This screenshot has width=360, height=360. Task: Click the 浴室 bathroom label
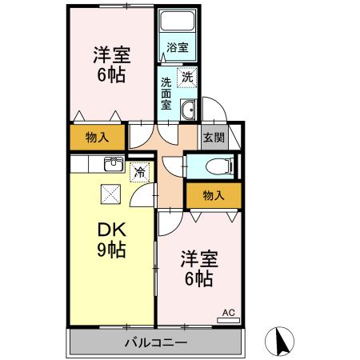178,47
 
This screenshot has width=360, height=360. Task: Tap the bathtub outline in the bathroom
178,23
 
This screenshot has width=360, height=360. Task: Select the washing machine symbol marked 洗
187,78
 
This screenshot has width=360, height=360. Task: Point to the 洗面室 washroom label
166,93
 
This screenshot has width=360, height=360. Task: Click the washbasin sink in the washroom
190,110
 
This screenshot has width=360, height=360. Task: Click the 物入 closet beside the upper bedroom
98,138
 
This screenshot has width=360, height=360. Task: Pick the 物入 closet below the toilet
213,194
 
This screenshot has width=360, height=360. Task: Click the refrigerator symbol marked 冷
139,170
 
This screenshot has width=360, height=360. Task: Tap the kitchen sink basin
112,166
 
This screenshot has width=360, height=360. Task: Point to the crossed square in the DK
109,193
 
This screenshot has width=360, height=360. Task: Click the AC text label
226,311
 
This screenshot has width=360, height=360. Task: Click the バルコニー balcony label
155,343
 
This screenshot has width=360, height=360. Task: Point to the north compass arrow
282,342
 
